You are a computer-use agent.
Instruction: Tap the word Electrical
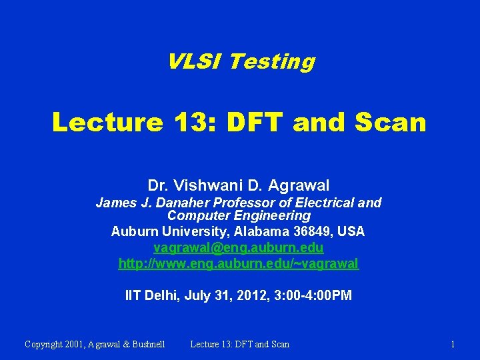(316, 203)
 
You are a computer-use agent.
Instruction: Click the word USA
(351, 232)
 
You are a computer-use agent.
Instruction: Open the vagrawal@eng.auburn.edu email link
(239, 248)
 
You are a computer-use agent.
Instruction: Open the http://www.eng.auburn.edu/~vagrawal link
(239, 264)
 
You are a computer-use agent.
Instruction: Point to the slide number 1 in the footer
(453, 344)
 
